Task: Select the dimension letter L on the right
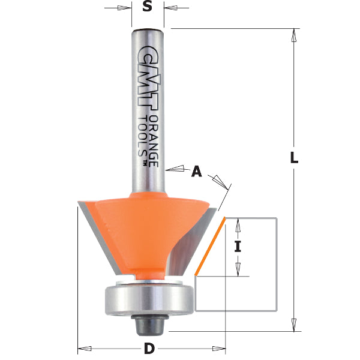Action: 294,159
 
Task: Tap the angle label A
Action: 196,172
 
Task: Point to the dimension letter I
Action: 238,246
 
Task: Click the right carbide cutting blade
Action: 204,240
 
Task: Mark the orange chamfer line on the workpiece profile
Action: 210,246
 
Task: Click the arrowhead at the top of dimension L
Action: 294,35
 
